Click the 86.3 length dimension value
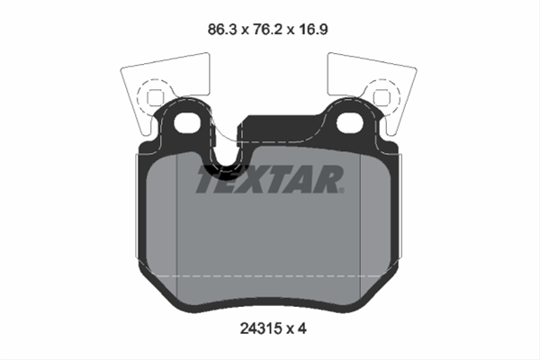(x=222, y=30)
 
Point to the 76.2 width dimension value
(x=268, y=30)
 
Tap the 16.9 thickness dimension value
(x=313, y=30)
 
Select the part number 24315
(x=261, y=328)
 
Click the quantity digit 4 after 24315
(x=301, y=328)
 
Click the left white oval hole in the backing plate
(x=187, y=123)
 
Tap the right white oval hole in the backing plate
(x=349, y=123)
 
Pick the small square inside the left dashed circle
(x=154, y=97)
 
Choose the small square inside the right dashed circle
(x=381, y=97)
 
